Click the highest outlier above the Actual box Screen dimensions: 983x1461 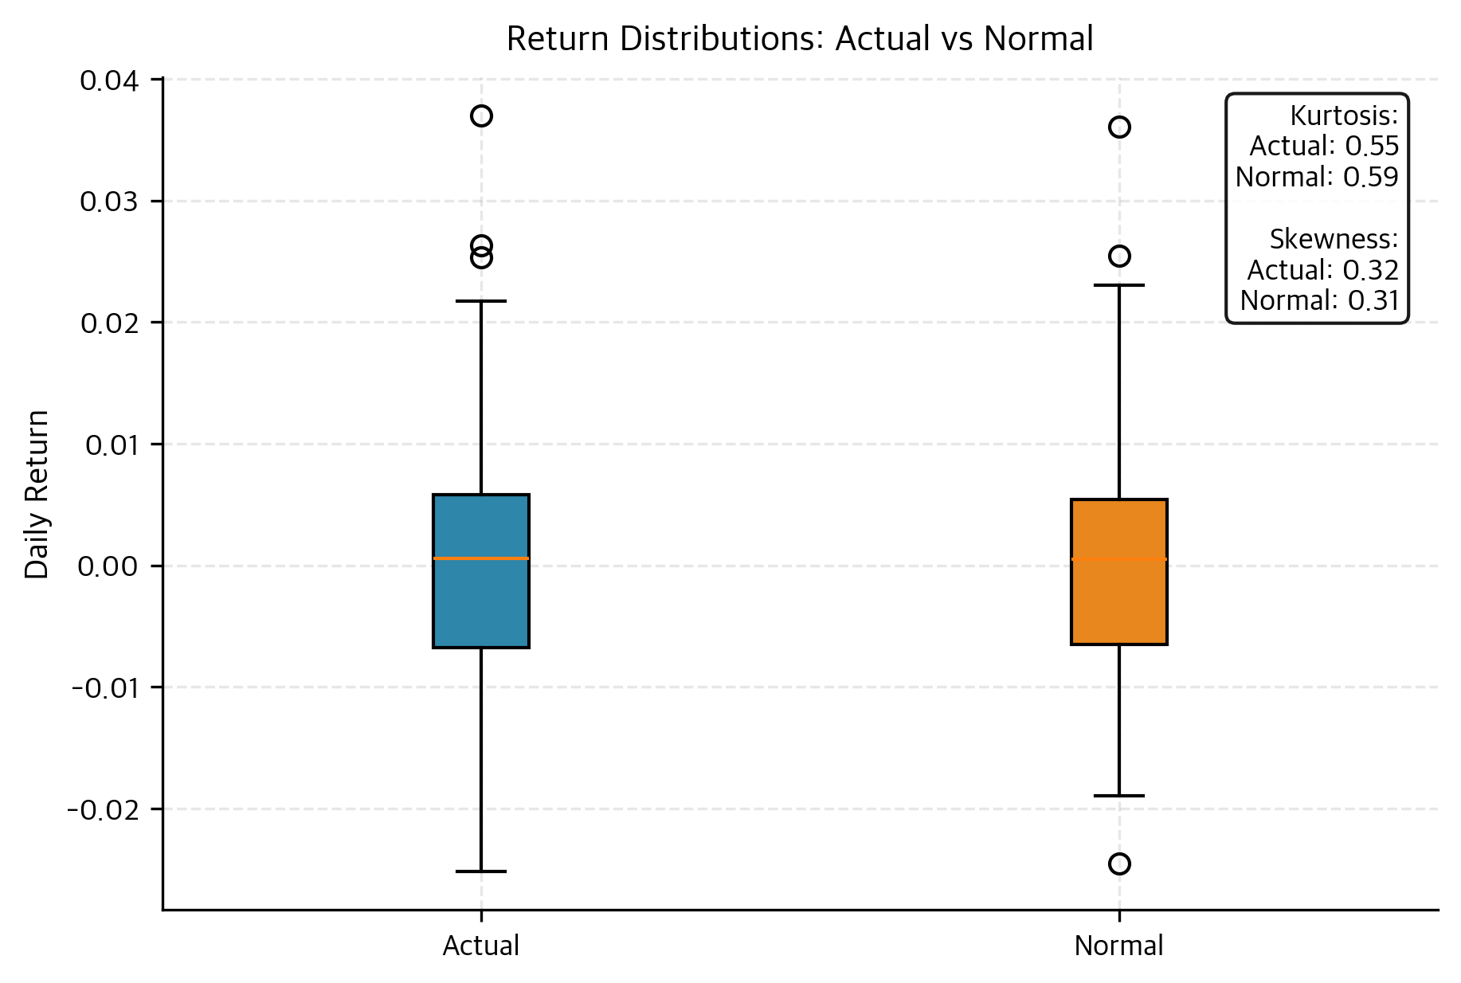(x=481, y=116)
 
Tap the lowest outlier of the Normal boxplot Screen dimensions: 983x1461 (x=1119, y=864)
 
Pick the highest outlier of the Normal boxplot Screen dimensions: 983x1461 (x=1119, y=127)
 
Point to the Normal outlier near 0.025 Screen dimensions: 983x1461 (x=1119, y=256)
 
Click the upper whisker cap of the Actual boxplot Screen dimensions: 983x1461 (x=481, y=301)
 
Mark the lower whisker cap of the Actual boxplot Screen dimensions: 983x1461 (x=481, y=871)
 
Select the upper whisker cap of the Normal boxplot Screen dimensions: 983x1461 (x=1119, y=284)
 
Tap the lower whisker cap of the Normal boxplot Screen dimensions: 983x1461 (x=1119, y=796)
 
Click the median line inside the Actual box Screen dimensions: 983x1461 (x=481, y=558)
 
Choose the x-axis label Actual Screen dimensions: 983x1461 (x=481, y=946)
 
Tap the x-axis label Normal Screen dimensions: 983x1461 (x=1119, y=946)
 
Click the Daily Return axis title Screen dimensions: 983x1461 (x=37, y=494)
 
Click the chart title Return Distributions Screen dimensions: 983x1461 (x=800, y=39)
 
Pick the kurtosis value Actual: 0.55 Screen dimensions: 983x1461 (x=1324, y=147)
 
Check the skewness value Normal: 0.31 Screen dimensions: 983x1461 (x=1320, y=300)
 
